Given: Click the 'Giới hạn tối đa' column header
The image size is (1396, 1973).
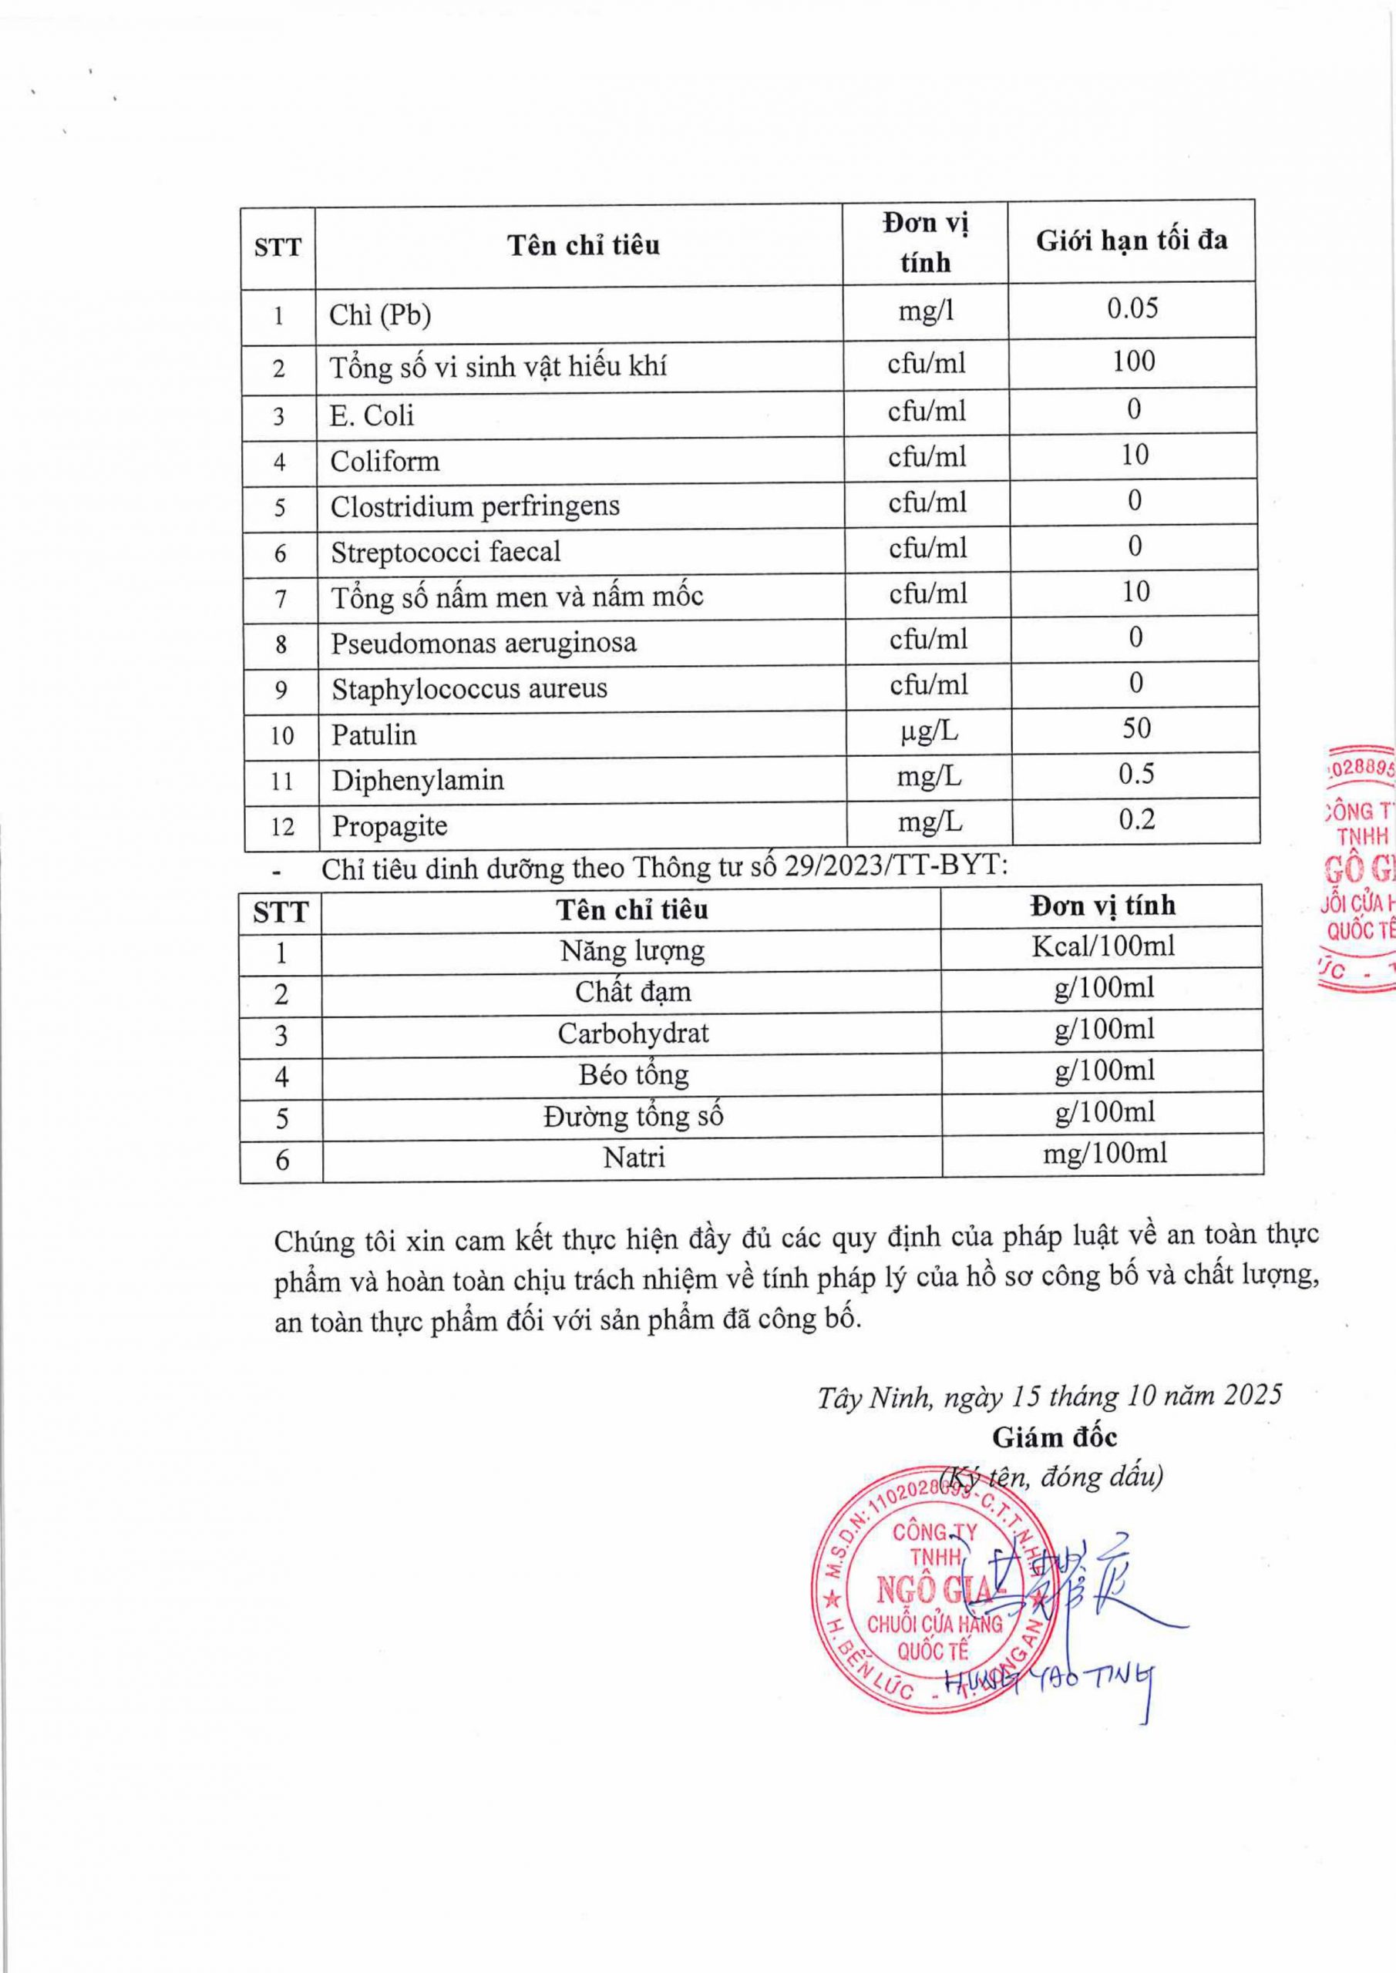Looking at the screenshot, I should tap(1132, 241).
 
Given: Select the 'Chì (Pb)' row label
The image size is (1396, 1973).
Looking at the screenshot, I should tap(380, 315).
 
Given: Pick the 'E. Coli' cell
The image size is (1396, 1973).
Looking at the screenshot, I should tap(372, 416).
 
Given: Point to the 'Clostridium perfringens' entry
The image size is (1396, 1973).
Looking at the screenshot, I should tap(475, 506).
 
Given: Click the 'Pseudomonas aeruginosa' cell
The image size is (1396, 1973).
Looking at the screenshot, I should tap(484, 643).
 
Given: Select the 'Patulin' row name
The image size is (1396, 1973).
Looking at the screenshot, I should tap(374, 734).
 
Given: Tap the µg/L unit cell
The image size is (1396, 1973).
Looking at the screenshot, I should tap(927, 732).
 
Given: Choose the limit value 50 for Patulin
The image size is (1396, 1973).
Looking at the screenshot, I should tap(1135, 729).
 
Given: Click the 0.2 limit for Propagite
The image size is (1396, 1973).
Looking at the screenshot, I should tap(1135, 820).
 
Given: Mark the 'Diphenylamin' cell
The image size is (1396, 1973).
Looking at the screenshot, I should tap(418, 780).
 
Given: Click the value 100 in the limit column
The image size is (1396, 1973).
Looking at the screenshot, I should tap(1134, 361).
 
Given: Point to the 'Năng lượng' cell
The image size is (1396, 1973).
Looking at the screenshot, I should tap(632, 950).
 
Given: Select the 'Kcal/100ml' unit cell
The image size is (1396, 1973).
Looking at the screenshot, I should tap(1103, 946).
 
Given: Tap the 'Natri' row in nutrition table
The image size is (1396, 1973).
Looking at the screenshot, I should tap(634, 1158).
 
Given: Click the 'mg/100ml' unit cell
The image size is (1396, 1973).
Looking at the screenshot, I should tap(1105, 1153).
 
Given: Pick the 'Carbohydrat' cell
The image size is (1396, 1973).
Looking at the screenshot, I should tap(633, 1033).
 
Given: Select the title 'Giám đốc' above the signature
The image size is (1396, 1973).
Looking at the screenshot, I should tap(1054, 1437).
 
